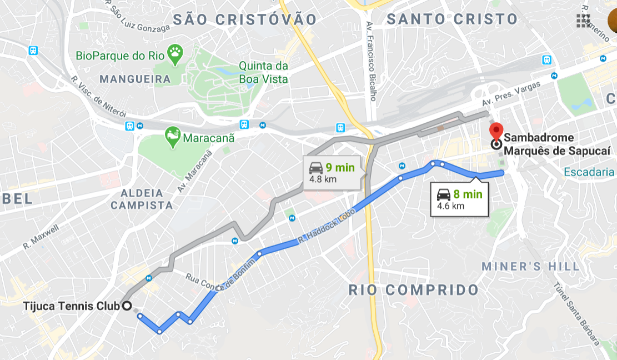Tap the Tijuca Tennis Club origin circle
pos(127,306)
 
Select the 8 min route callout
pos(459,200)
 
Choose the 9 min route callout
pos(332,173)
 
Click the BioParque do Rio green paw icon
pos(175,53)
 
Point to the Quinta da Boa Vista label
pos(263,72)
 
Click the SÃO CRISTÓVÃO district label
pos(245,19)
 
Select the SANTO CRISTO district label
pos(452,19)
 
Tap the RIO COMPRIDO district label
pos(414,289)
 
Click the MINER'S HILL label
pos(530,267)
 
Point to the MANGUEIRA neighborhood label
pos(135,79)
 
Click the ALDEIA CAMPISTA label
pos(142,199)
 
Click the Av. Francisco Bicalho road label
pos(372,61)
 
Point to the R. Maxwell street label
pos(41,237)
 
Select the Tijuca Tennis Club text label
pos(71,306)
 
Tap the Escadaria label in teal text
pos(589,172)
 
